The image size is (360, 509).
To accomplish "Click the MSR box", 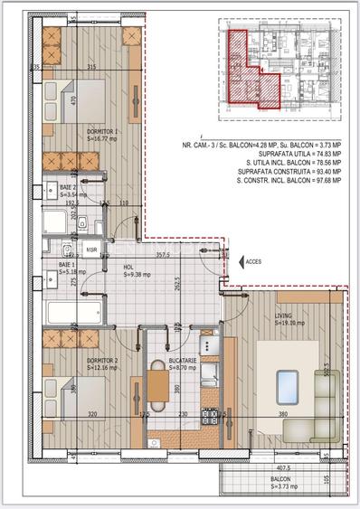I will (x=91, y=248).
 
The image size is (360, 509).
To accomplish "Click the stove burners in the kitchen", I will (x=209, y=418).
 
